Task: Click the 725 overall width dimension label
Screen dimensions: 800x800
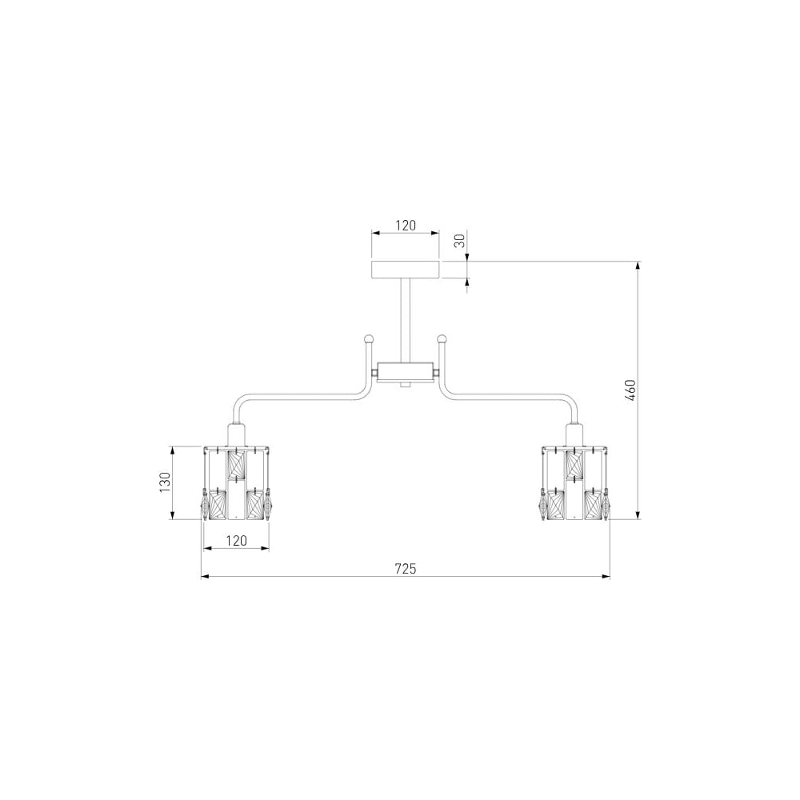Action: (x=406, y=568)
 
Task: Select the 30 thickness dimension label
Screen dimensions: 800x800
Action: (x=460, y=240)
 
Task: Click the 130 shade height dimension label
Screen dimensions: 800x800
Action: (x=165, y=482)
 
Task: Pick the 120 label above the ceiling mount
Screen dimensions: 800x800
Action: (x=406, y=226)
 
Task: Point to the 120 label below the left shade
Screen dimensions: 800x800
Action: (x=236, y=540)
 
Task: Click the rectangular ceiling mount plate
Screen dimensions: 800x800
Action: (x=405, y=270)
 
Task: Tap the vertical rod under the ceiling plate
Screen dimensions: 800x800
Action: (x=405, y=321)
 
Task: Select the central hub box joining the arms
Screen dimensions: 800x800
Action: (x=405, y=371)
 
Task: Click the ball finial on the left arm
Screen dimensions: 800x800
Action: (x=369, y=338)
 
